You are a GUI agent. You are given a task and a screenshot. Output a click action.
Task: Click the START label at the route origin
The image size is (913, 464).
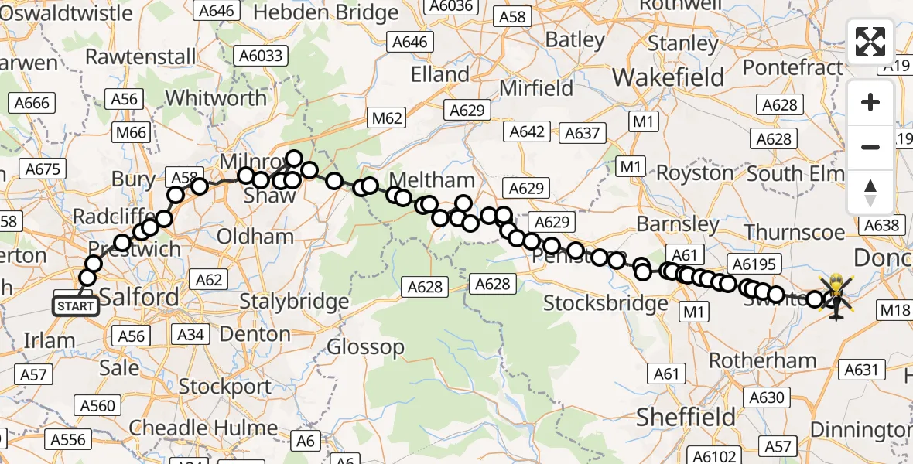point(76,306)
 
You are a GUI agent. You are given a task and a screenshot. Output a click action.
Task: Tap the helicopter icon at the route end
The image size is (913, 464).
point(836,296)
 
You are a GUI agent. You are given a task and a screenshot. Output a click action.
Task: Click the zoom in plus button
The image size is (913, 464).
point(870,103)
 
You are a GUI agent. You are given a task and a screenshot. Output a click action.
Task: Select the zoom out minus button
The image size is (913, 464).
point(870,147)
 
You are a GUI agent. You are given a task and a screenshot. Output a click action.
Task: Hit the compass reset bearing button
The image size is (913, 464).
point(870,192)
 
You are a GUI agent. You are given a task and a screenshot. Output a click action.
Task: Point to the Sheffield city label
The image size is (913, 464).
point(686,418)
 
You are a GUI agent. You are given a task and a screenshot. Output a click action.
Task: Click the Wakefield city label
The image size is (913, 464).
point(669,77)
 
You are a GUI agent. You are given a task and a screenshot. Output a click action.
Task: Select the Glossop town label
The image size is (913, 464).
point(365,347)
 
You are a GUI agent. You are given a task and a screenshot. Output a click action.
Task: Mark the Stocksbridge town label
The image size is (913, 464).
point(605,303)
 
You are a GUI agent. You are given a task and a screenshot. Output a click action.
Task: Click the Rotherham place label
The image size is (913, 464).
point(762,360)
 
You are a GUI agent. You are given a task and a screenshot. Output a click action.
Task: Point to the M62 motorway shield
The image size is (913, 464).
point(387,118)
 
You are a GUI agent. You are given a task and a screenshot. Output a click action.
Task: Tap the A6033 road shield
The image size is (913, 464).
point(262,56)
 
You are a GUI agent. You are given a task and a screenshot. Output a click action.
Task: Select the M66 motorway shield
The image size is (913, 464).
point(131,133)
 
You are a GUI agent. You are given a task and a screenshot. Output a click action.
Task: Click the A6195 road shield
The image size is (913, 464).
point(753,264)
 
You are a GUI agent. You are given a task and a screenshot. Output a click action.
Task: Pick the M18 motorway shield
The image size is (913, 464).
point(895,310)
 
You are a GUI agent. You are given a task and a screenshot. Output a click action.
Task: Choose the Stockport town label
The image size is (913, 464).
point(225,386)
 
